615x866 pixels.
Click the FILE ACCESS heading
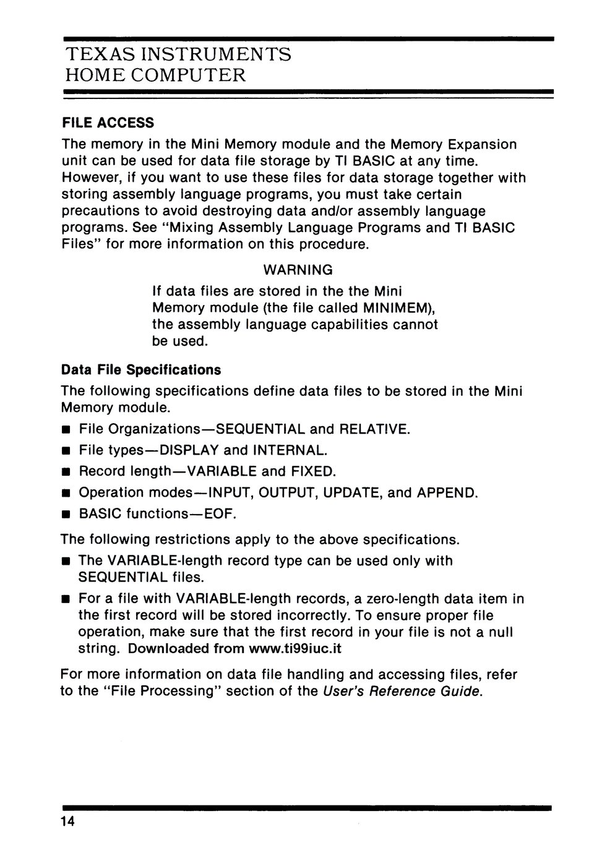tap(108, 122)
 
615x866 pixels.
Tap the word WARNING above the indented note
tap(298, 270)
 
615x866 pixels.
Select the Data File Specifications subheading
tap(141, 370)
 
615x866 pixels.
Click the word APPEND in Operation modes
tap(446, 493)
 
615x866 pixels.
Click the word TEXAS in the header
tap(98, 54)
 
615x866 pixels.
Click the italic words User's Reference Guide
tap(402, 691)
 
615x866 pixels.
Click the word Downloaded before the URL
tap(168, 649)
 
